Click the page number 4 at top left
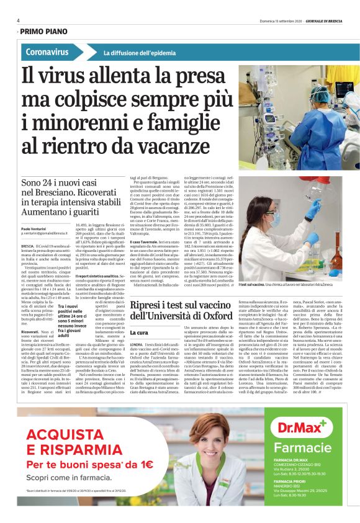click(x=19, y=20)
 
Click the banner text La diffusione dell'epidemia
click(x=132, y=53)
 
